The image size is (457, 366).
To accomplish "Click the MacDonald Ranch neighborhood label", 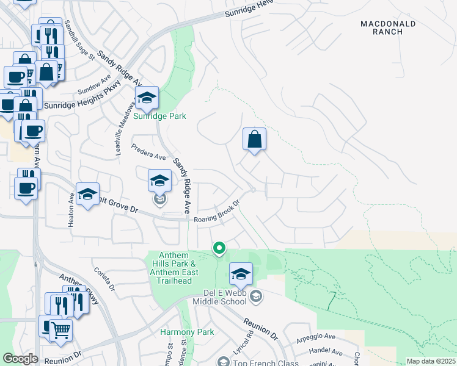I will [388, 27].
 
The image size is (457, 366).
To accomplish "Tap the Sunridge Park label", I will [159, 116].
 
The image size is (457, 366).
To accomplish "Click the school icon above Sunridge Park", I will [147, 98].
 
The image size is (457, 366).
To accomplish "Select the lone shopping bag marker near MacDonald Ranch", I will [254, 140].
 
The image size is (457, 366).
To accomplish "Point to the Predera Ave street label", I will [149, 152].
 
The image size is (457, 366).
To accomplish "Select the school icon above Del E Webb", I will [241, 274].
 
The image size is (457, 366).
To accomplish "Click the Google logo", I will [20, 359].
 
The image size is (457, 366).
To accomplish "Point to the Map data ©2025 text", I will [431, 361].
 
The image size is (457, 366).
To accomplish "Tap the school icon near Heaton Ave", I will [87, 195].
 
